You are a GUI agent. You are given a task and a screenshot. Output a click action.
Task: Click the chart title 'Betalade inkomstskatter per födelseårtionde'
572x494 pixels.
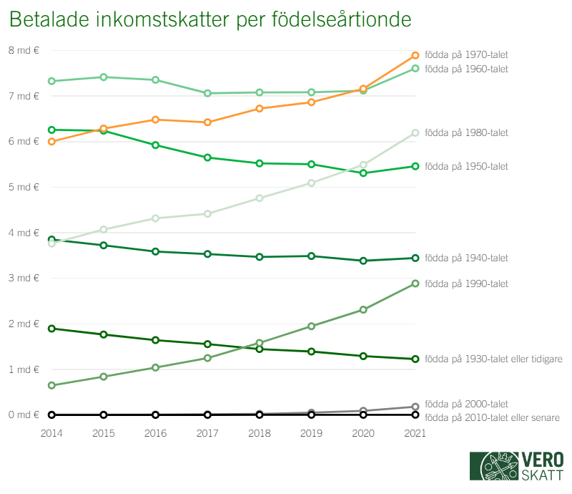pyautogui.click(x=211, y=20)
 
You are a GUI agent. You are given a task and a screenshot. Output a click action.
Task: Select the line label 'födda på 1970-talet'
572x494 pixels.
pyautogui.click(x=466, y=54)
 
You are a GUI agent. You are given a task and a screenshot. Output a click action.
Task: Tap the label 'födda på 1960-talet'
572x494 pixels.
pyautogui.click(x=466, y=69)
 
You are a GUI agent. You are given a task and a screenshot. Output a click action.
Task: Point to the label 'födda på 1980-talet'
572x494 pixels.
pyautogui.click(x=466, y=132)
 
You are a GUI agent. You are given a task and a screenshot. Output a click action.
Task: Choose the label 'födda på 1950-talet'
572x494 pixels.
pyautogui.click(x=466, y=166)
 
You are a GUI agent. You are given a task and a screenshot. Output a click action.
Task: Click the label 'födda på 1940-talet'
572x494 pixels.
pyautogui.click(x=466, y=258)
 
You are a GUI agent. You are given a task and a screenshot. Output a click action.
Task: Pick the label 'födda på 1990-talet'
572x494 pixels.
pyautogui.click(x=466, y=284)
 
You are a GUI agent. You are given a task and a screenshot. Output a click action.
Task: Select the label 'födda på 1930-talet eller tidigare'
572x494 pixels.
pyautogui.click(x=493, y=359)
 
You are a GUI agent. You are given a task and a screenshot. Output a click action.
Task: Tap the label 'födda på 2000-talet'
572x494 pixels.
pyautogui.click(x=466, y=404)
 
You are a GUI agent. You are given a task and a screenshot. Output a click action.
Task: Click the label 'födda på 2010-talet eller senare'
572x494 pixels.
pyautogui.click(x=492, y=417)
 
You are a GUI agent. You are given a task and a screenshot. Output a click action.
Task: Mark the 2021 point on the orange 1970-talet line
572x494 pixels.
pyautogui.click(x=415, y=56)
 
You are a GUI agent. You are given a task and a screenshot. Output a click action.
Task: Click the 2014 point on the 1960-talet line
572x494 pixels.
pyautogui.click(x=51, y=81)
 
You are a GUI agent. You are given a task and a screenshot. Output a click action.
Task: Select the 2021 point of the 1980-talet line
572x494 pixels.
pyautogui.click(x=415, y=132)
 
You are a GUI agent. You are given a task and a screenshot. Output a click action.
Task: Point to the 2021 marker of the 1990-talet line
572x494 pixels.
pyautogui.click(x=415, y=284)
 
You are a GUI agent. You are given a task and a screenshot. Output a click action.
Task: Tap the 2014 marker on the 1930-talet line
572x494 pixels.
pyautogui.click(x=51, y=329)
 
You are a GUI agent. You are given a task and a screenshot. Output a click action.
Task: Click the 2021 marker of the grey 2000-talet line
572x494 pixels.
pyautogui.click(x=415, y=407)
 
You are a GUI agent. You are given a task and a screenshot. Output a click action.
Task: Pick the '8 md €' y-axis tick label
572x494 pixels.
pyautogui.click(x=24, y=50)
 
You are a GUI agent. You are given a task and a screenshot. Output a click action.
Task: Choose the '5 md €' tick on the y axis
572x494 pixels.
pyautogui.click(x=24, y=187)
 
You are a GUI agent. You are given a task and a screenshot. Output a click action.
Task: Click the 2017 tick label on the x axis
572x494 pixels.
pyautogui.click(x=207, y=433)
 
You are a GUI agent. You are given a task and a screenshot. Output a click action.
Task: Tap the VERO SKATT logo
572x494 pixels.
pyautogui.click(x=516, y=466)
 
